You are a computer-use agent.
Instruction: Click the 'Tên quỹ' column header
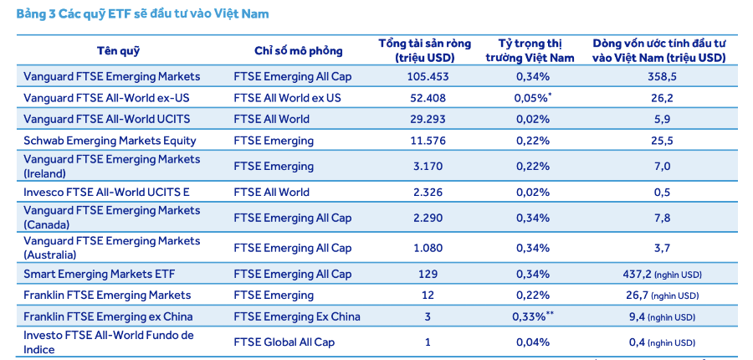click(118, 51)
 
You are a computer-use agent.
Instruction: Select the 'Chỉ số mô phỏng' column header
click(288, 51)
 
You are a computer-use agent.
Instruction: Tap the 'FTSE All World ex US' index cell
click(287, 98)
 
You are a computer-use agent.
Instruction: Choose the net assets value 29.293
click(424, 119)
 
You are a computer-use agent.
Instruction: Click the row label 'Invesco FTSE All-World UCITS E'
click(106, 192)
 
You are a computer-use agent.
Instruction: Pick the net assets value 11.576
click(424, 141)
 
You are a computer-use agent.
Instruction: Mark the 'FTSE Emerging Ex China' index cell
click(297, 316)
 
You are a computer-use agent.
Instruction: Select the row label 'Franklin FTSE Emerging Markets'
click(107, 295)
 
